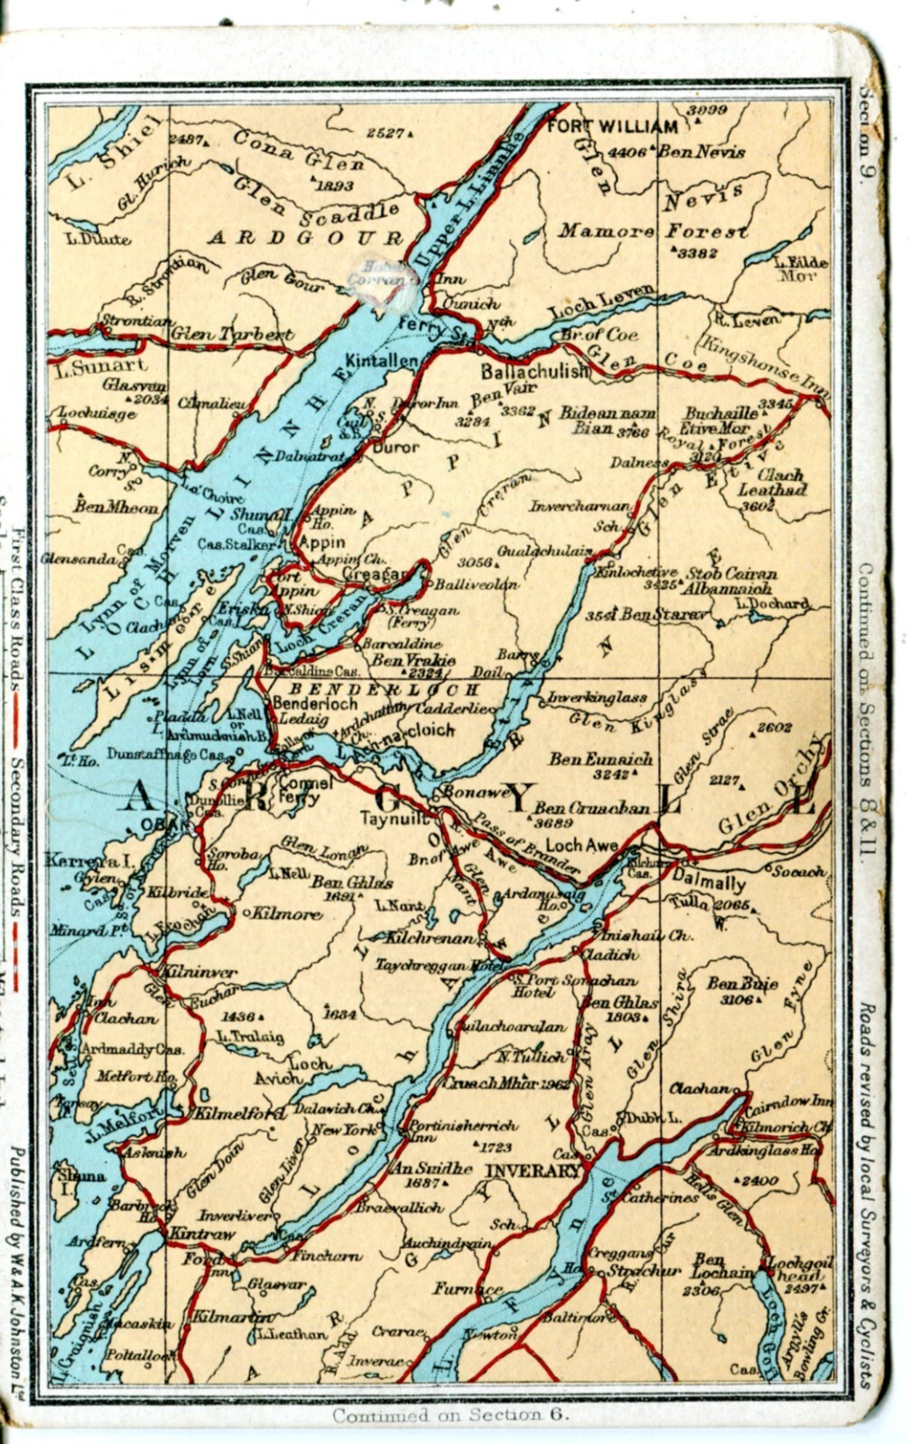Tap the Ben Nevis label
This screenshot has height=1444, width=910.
701,152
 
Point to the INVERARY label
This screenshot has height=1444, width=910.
533,1171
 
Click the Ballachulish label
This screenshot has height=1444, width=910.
534,371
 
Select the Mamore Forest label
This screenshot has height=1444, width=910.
652,231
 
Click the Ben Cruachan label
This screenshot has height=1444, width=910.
592,808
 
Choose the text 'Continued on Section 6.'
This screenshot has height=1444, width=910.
450,1415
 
